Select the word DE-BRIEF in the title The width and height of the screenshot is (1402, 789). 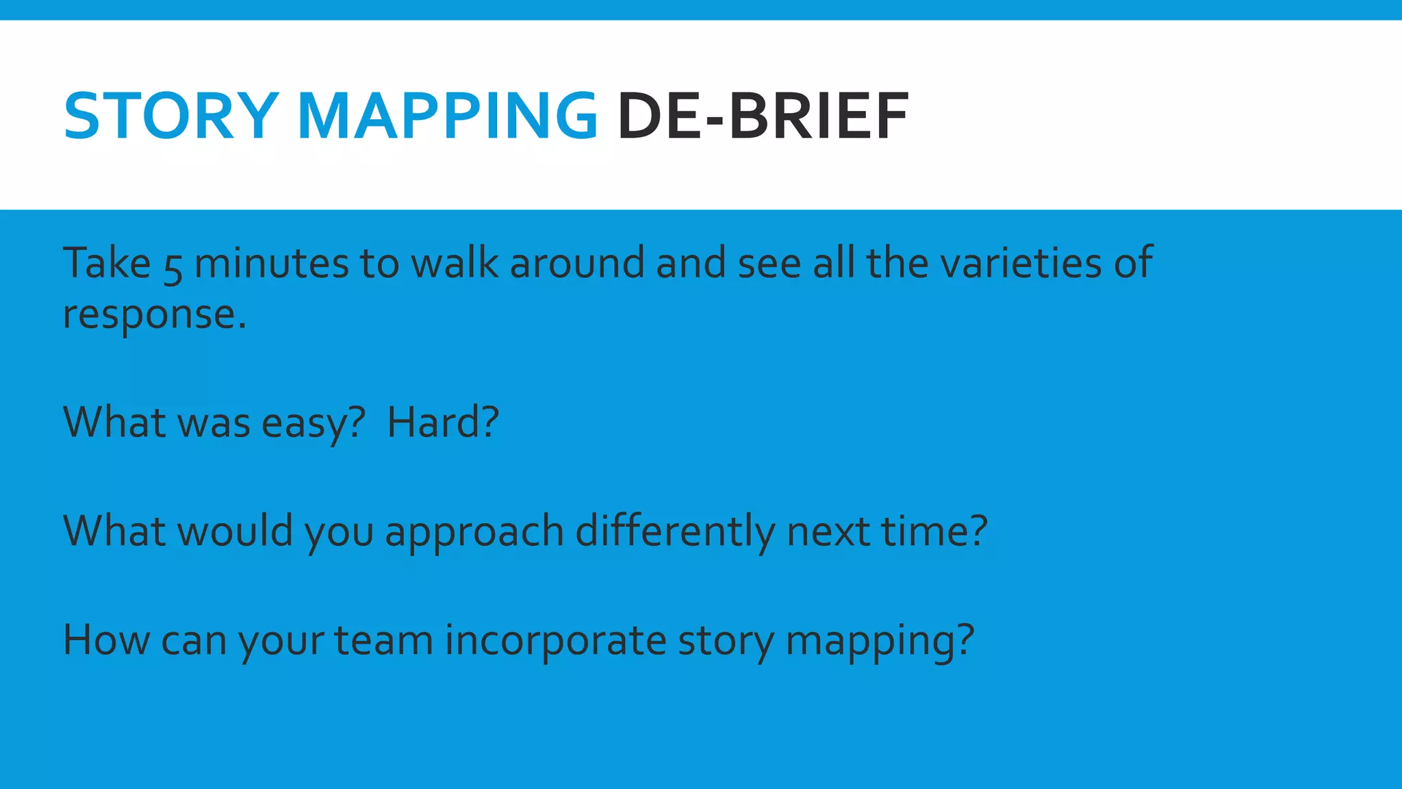point(763,116)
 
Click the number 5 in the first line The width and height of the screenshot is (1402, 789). point(173,267)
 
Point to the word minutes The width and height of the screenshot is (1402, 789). point(272,263)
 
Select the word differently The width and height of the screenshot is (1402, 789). point(675,531)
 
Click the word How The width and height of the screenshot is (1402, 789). point(106,640)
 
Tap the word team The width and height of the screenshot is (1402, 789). point(383,640)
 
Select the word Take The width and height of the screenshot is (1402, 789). point(107,263)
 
